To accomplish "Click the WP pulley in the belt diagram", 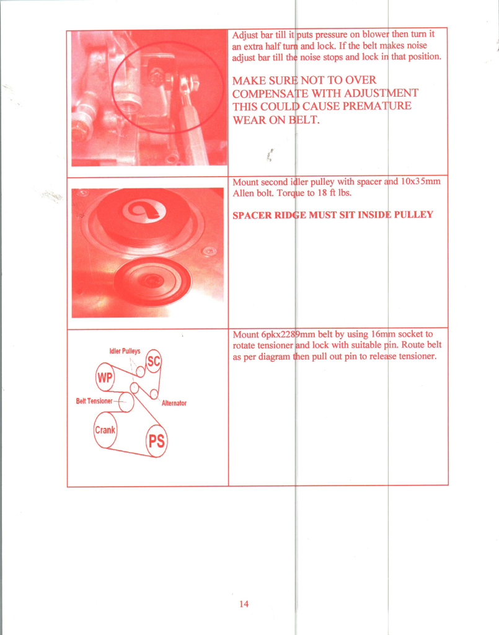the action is coord(105,377).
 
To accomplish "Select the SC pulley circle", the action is coord(154,362).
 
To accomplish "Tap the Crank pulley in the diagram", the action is coord(105,430).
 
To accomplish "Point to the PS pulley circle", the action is coord(157,441).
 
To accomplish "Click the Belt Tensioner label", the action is coord(94,401).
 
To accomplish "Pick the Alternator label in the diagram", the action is coord(174,403).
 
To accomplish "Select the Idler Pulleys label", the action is coord(125,351).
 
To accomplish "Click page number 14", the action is coord(244,604).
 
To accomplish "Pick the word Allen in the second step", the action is coord(242,193).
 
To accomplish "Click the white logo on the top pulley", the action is coord(144,211).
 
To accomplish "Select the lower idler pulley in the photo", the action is coord(152,280).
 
